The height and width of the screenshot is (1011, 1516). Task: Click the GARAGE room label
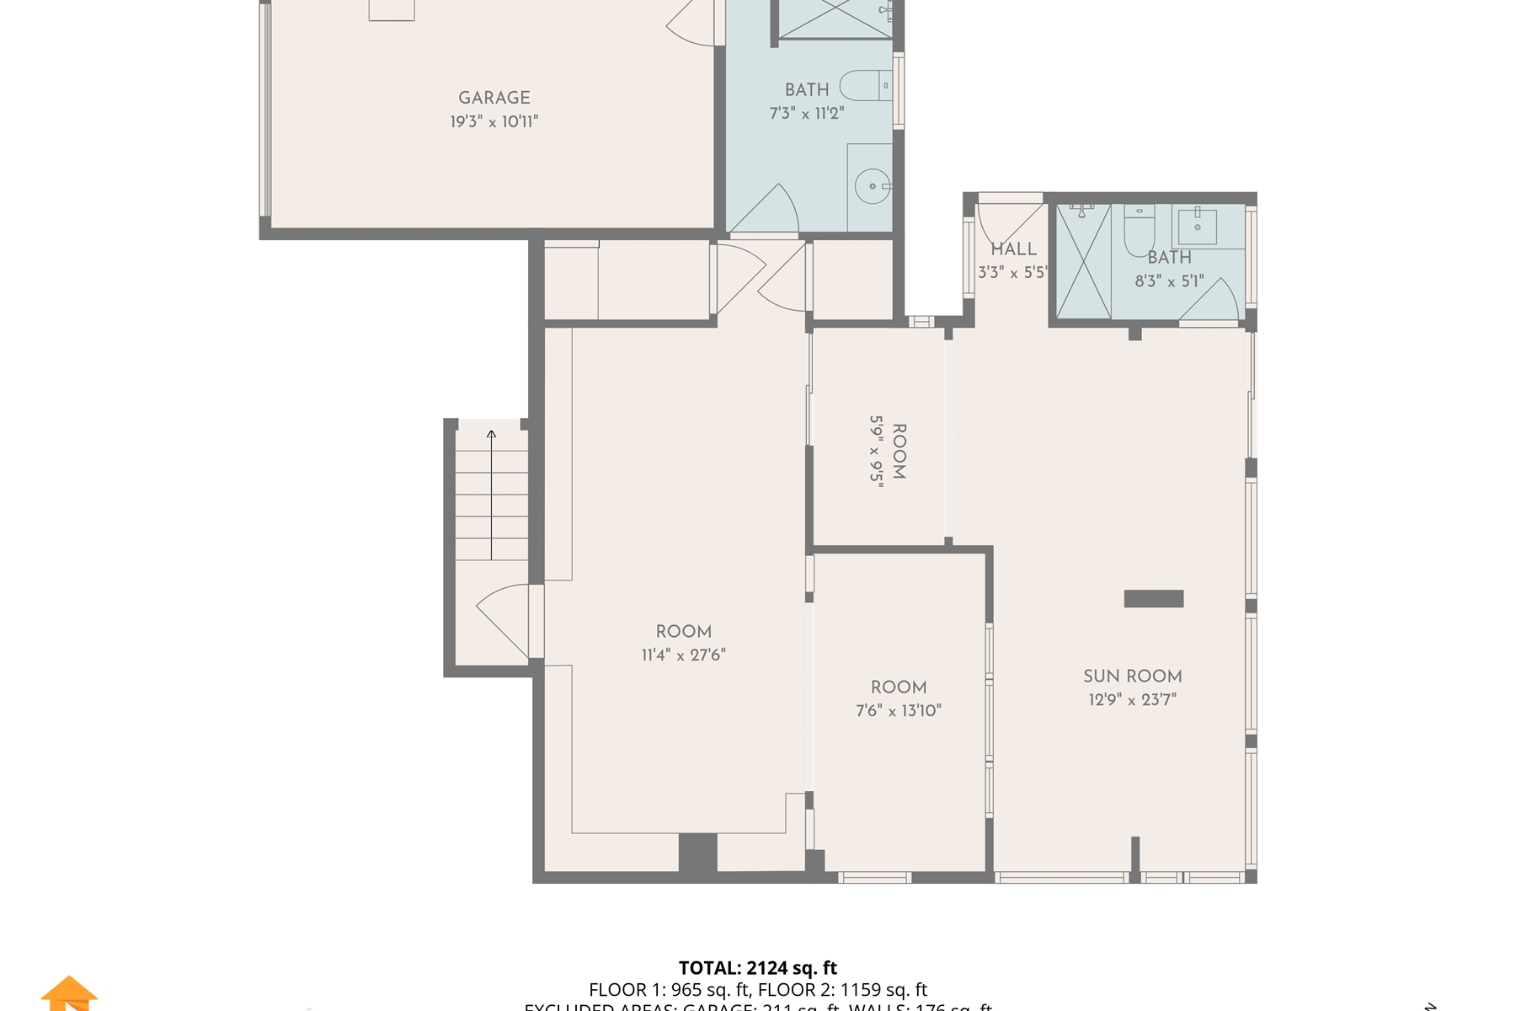494,98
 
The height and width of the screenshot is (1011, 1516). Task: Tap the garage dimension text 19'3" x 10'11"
494,121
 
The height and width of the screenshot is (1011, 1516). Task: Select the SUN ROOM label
1132,676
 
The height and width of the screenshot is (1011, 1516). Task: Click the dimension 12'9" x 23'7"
1132,699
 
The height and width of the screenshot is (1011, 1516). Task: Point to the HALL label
1013,249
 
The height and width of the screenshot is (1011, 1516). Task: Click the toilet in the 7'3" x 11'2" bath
866,86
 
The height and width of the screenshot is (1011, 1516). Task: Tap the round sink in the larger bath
873,186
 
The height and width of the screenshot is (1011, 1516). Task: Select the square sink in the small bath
1197,226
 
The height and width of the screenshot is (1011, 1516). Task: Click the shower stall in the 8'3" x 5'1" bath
1083,262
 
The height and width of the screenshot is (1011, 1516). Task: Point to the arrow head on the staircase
491,435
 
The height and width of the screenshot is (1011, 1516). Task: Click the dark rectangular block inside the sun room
1154,598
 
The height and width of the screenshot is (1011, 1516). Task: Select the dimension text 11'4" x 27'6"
683,655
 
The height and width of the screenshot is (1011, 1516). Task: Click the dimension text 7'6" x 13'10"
899,710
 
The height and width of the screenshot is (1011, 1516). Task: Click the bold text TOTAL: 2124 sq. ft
758,968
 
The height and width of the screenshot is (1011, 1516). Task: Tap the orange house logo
69,994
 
